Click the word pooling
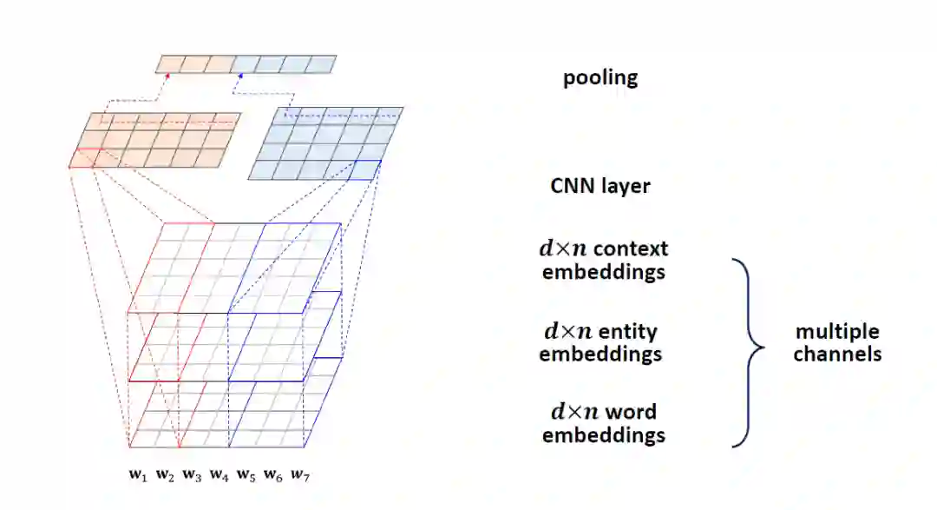[x=600, y=77]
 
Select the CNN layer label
[x=600, y=186]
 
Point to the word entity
[x=626, y=331]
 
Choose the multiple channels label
[x=837, y=343]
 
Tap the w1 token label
[x=137, y=474]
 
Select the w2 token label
[x=165, y=474]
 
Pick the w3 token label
[x=192, y=474]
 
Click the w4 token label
[x=219, y=474]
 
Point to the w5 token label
[x=246, y=474]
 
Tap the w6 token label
[x=272, y=474]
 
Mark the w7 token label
[x=299, y=474]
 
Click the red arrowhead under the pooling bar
[x=168, y=76]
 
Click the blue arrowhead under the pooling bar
[x=242, y=76]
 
